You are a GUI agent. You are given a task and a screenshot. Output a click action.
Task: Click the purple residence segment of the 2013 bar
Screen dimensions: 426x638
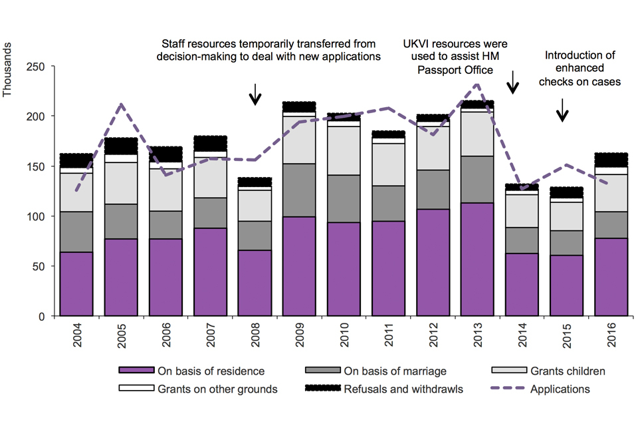point(477,260)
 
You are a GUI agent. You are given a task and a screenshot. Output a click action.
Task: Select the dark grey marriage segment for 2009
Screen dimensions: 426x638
point(299,190)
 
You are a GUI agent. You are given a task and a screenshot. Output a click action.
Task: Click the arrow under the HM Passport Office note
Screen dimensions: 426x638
point(512,82)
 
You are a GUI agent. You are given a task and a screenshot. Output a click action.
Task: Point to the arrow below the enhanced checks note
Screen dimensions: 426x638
point(562,110)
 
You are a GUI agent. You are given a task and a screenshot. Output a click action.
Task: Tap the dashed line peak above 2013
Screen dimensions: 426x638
point(477,85)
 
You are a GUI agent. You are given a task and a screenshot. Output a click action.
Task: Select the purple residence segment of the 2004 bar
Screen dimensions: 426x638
point(76,284)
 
